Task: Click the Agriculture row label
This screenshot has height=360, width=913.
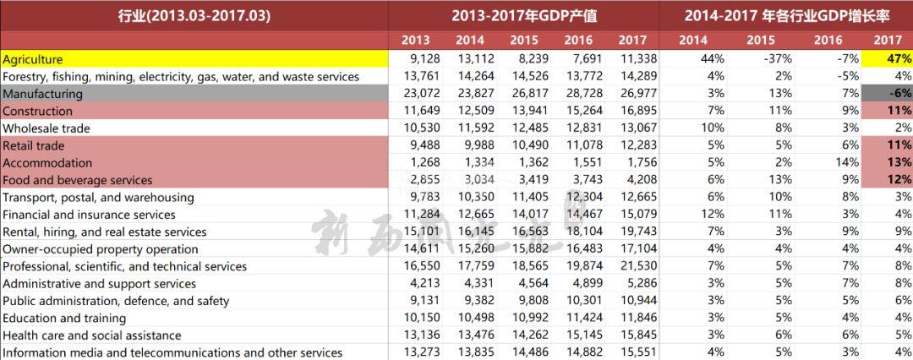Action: pos(33,59)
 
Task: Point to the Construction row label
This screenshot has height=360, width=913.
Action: pos(38,111)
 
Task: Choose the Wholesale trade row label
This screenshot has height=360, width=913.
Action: pos(46,128)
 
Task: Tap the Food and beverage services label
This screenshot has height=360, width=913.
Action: pos(78,180)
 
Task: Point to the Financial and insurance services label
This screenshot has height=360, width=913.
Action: pos(90,215)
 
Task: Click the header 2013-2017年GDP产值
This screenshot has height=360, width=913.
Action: pos(524,15)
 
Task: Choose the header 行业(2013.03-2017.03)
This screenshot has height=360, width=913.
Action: pos(194,15)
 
